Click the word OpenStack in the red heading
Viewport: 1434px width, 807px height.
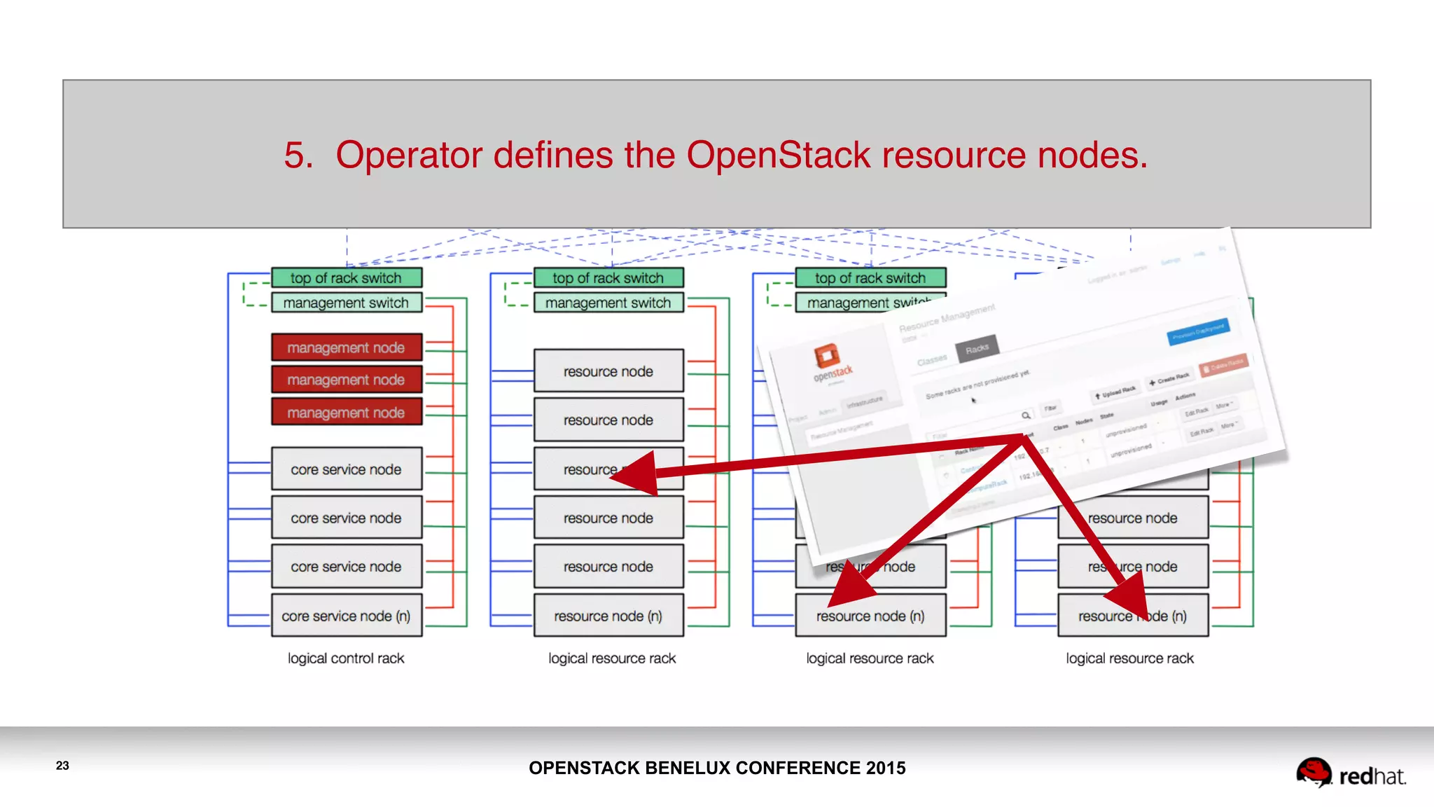point(779,155)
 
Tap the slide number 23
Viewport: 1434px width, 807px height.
point(62,766)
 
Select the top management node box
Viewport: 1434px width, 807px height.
point(347,347)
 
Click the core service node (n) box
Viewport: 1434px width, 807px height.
point(347,616)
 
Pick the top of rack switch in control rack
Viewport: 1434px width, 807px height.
point(347,278)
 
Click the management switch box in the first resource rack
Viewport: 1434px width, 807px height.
point(608,303)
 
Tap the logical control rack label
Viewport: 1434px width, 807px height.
point(346,658)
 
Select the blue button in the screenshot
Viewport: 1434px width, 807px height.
point(1198,331)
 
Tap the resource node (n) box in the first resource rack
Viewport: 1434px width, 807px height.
point(608,616)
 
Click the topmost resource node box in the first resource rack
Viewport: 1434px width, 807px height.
point(608,371)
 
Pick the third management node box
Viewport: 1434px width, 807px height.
point(347,413)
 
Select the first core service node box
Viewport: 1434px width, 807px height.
point(347,469)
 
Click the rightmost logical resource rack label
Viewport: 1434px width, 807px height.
point(1129,658)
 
